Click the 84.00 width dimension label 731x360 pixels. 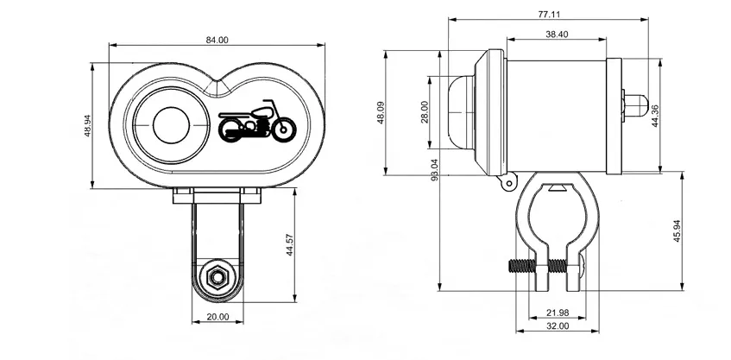click(217, 40)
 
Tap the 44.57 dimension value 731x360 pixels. click(290, 244)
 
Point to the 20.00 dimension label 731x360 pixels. click(218, 317)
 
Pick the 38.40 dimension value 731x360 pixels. click(557, 34)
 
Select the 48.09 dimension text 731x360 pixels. click(378, 113)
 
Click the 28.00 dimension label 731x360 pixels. click(424, 111)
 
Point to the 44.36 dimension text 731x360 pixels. click(655, 116)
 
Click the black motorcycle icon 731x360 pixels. click(256, 122)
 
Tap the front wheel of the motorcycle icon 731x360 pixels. click(281, 129)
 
